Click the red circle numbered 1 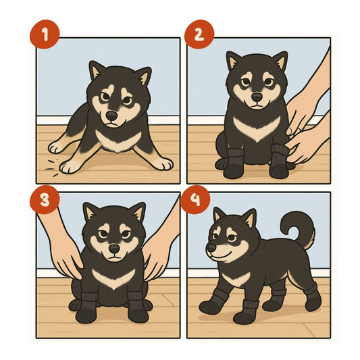(x=45, y=34)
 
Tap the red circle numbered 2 (x=199, y=34)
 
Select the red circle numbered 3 (x=45, y=200)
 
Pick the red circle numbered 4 (x=195, y=200)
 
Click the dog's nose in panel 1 (x=112, y=115)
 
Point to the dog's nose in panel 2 (x=257, y=97)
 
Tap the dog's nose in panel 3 (x=114, y=249)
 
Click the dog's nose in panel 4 (x=211, y=247)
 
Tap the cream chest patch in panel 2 (x=257, y=129)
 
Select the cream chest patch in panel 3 (x=113, y=278)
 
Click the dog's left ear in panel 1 (x=95, y=70)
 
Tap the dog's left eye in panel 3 (x=103, y=234)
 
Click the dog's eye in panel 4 (x=232, y=238)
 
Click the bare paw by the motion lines (x=68, y=166)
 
